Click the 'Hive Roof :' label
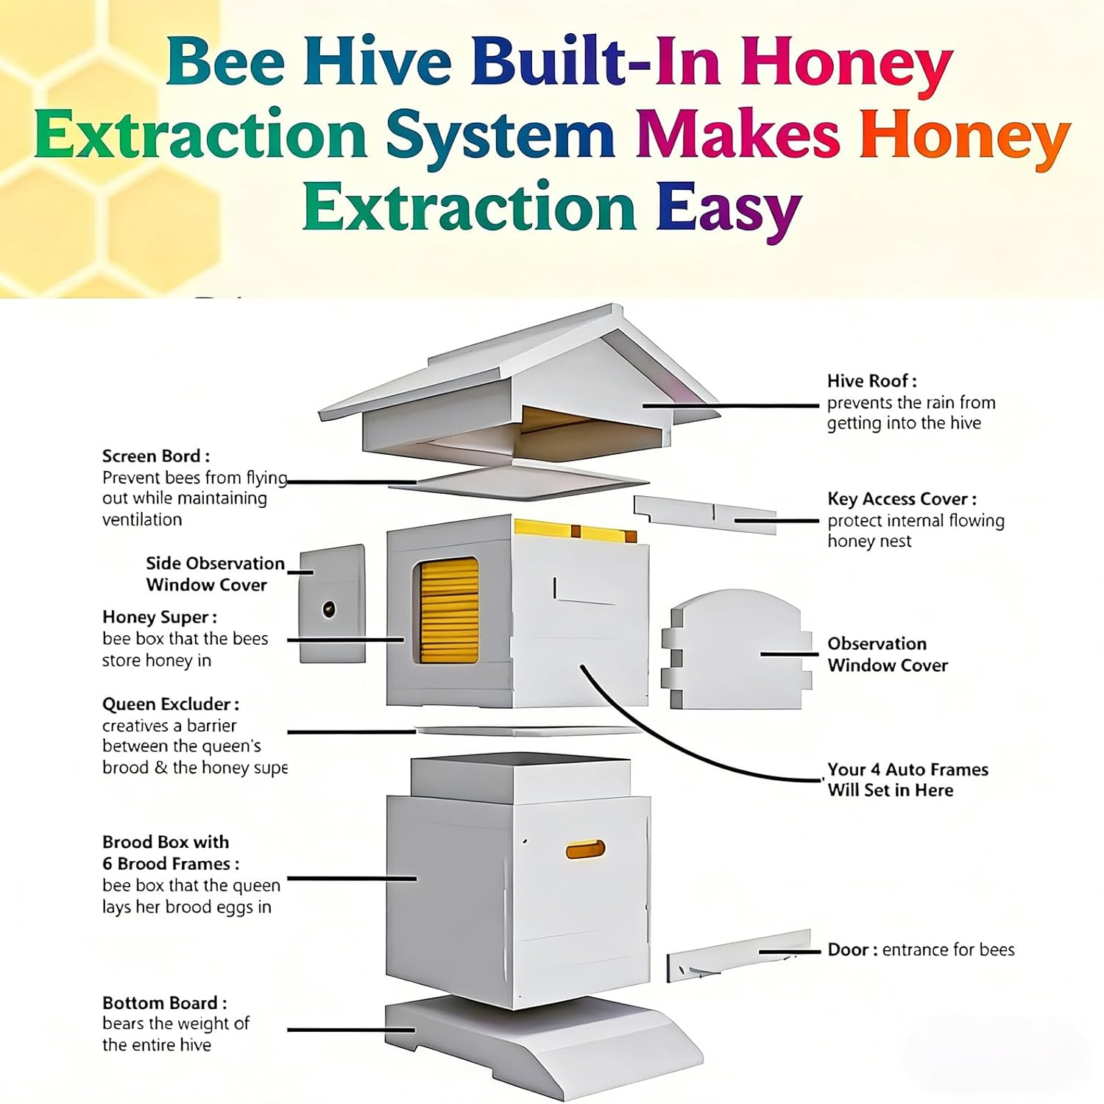tap(871, 381)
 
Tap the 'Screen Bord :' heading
tap(155, 456)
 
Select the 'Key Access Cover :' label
tap(902, 499)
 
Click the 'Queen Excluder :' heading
tap(170, 704)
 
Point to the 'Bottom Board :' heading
tap(164, 1003)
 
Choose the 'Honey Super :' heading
tap(159, 618)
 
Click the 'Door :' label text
tap(852, 950)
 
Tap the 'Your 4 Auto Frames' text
tap(907, 770)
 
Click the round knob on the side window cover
tap(328, 609)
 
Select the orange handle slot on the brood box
tap(585, 851)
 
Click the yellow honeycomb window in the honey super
tap(449, 609)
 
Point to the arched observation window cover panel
tap(736, 651)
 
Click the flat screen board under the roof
tap(530, 481)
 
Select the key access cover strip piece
tap(704, 513)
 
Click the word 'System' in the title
tap(500, 135)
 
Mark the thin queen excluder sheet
tap(528, 732)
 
